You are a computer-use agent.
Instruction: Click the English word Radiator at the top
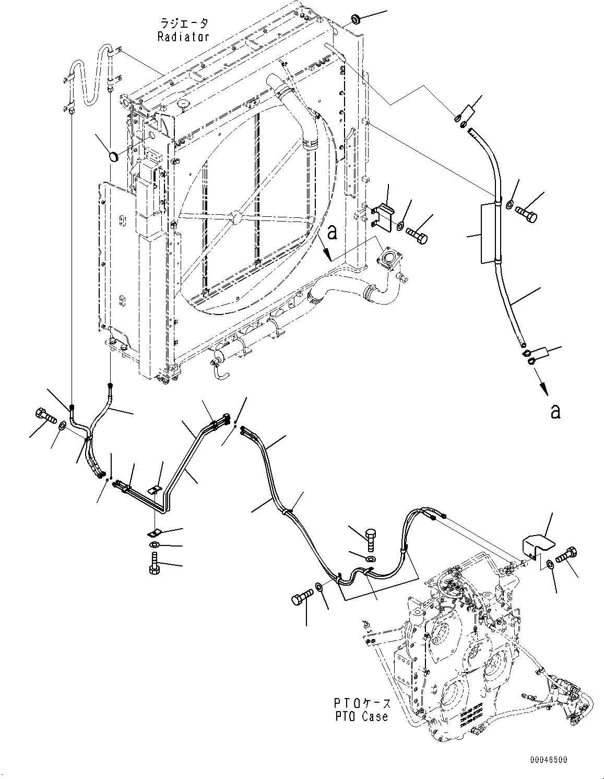point(183,37)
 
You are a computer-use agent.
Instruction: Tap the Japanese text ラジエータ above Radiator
point(184,24)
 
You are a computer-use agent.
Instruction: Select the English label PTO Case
point(362,716)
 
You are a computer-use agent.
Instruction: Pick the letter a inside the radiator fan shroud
point(331,232)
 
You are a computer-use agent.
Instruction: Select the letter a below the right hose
point(555,411)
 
